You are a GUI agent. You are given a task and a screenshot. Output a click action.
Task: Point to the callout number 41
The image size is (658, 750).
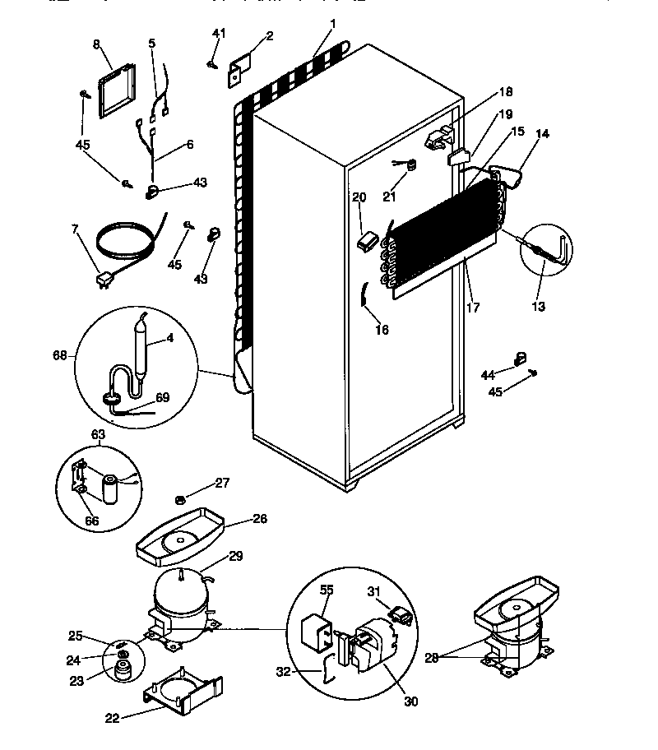click(x=218, y=34)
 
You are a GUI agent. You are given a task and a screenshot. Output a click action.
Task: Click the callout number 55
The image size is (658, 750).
click(x=327, y=590)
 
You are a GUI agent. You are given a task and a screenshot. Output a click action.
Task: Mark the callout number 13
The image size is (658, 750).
click(x=538, y=308)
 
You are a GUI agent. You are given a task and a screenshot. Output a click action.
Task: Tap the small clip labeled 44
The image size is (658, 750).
click(x=519, y=357)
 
